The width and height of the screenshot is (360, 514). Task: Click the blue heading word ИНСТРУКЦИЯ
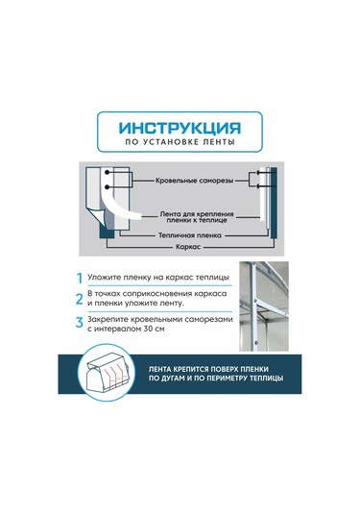tap(180, 129)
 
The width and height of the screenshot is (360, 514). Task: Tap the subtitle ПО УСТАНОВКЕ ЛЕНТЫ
tap(180, 142)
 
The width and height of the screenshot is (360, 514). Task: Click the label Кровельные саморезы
tap(194, 181)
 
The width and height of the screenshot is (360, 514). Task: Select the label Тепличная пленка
tap(190, 235)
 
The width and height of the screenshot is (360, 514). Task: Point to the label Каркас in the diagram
tap(188, 247)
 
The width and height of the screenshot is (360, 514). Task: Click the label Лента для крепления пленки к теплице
tap(197, 217)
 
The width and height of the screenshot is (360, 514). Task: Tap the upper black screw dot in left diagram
tap(107, 172)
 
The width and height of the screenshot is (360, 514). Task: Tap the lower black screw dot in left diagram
tap(107, 186)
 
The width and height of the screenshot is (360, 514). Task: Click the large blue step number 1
tap(80, 278)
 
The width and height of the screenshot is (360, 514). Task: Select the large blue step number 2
tap(80, 299)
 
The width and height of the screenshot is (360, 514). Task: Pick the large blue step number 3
tap(80, 322)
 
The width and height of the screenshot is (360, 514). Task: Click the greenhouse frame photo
tap(264, 306)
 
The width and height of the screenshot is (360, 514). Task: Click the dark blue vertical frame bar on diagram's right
tap(274, 203)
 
